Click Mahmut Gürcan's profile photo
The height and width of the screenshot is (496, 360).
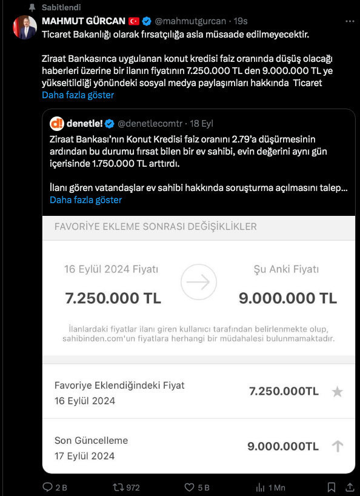point(24,28)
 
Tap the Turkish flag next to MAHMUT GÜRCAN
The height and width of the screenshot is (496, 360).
point(134,22)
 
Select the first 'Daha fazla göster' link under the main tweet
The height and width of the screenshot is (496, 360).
point(78,95)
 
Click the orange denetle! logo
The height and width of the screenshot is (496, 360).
point(57,124)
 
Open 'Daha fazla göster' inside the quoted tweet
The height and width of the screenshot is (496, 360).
point(85,199)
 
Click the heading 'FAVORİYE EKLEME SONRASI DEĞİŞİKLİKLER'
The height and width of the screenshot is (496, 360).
point(156,227)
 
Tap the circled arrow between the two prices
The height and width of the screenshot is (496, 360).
point(199,282)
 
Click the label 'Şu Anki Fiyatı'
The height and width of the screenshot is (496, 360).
point(286,269)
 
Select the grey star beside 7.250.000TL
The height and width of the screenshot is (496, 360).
point(338,392)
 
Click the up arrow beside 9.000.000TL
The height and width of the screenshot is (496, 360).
point(338,446)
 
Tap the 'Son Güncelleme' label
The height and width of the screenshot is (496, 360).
point(92,440)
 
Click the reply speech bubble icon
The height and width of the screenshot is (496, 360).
point(48,487)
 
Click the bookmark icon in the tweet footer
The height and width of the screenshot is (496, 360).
point(331,487)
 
